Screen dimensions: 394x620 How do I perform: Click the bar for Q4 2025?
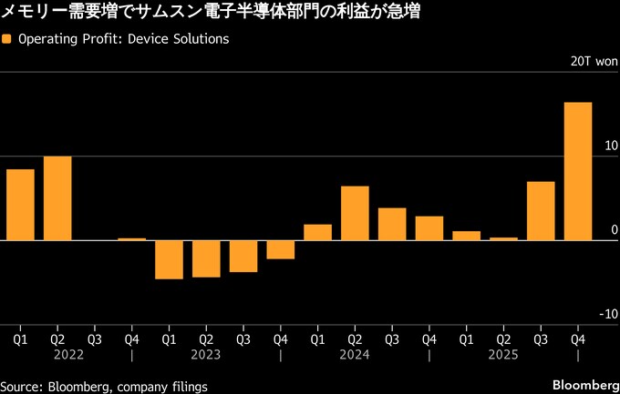578,171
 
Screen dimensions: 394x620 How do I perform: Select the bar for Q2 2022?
57,198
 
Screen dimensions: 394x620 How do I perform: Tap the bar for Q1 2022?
20,205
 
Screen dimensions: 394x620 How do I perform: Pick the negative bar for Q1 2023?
169,259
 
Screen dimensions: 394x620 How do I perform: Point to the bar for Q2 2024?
355,213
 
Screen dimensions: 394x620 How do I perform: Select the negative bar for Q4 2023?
281,249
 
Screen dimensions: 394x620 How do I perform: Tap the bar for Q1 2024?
317,232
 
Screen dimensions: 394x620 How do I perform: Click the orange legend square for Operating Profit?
8,40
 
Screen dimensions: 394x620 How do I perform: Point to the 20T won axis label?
594,62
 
